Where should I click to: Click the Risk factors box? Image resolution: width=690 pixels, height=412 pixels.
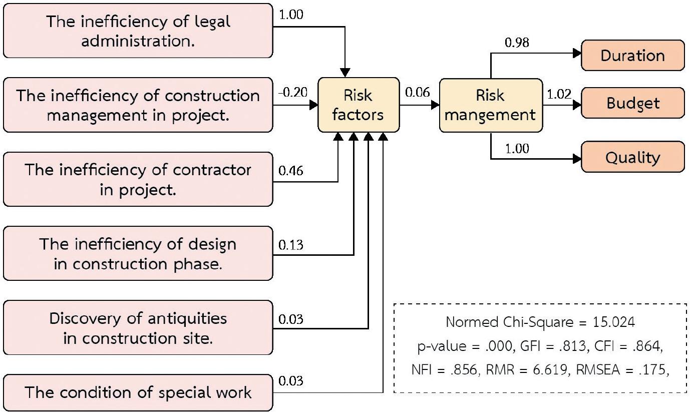[x=359, y=105]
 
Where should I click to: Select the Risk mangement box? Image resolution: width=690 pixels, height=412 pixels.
[x=490, y=105]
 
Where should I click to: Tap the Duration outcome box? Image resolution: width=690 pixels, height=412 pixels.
[x=632, y=55]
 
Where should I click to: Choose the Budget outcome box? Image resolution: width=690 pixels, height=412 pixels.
[x=632, y=103]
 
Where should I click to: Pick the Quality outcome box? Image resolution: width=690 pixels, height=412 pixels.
[x=632, y=157]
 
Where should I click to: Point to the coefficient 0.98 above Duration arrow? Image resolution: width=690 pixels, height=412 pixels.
[x=516, y=43]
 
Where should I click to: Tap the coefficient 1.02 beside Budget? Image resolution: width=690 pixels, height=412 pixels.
[x=559, y=94]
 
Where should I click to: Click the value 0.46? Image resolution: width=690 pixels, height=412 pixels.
[x=290, y=171]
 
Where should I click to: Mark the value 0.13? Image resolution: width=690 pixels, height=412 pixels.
[x=290, y=245]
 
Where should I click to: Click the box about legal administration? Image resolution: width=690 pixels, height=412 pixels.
[x=138, y=31]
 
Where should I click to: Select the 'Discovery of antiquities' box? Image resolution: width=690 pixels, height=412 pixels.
[x=138, y=328]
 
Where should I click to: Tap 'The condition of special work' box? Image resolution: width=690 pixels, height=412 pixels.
[x=138, y=392]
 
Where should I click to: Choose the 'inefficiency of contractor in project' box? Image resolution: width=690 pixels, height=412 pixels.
[x=138, y=179]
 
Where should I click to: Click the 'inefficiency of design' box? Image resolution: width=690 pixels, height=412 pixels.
[x=138, y=253]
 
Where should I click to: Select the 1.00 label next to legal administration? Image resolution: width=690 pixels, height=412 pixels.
[x=290, y=15]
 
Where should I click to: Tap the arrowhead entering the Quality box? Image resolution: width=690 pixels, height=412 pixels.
[x=577, y=159]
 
